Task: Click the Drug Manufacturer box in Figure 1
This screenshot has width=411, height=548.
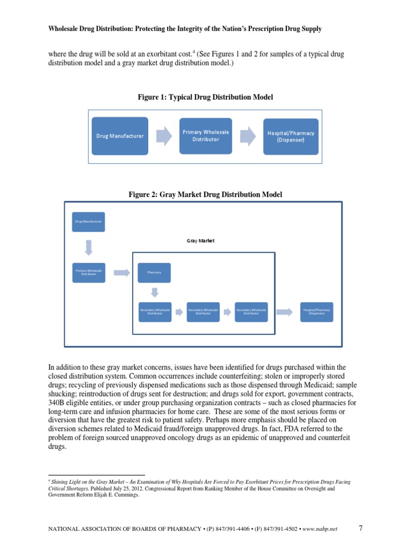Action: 120,136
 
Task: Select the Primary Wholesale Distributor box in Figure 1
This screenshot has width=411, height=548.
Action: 206,135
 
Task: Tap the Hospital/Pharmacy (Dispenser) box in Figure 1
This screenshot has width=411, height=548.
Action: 291,136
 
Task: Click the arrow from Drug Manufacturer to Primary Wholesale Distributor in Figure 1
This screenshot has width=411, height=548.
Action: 163,136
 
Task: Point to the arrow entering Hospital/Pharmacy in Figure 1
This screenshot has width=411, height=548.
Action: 248,136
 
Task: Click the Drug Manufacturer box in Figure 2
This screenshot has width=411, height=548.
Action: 88,221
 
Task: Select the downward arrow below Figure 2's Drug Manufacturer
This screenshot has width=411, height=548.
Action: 88,247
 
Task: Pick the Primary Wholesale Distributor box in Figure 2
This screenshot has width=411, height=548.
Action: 88,273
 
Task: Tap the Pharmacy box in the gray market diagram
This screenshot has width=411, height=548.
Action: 154,273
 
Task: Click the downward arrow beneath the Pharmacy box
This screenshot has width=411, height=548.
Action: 155,292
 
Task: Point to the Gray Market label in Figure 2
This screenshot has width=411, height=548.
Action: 200,241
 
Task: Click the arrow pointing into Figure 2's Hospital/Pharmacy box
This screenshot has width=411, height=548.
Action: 284,311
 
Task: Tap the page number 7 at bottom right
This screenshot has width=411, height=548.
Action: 361,528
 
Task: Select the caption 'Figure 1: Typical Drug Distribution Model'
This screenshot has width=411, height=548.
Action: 205,97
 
